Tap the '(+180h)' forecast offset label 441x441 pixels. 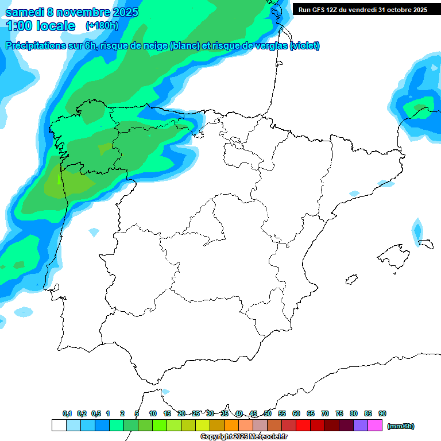point(102,26)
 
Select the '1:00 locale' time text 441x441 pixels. point(41,26)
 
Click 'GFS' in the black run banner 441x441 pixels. point(319,10)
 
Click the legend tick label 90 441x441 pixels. point(382,413)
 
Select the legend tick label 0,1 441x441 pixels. point(67,413)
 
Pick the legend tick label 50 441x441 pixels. point(268,413)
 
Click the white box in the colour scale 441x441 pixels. point(59,425)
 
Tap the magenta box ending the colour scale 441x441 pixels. point(375,425)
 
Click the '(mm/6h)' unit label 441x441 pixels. point(401,426)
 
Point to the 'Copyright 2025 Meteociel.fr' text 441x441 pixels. point(244,437)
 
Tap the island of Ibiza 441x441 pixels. point(350,280)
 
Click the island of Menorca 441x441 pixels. point(425,243)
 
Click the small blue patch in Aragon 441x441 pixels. point(354,193)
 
